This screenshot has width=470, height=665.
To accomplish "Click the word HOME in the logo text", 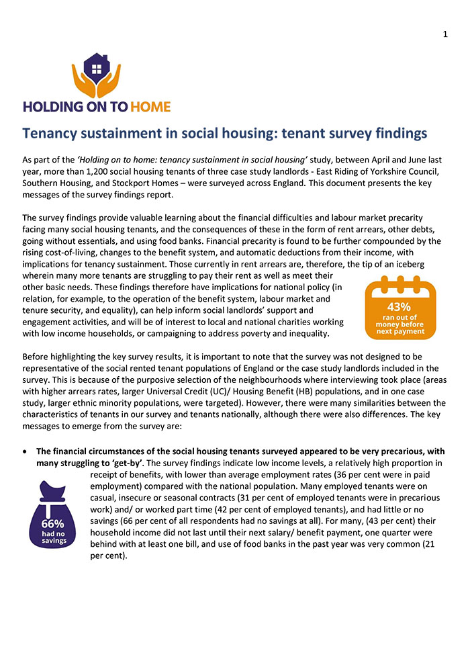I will click(149, 106).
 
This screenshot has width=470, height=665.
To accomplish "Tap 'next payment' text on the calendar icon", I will click(400, 330).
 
